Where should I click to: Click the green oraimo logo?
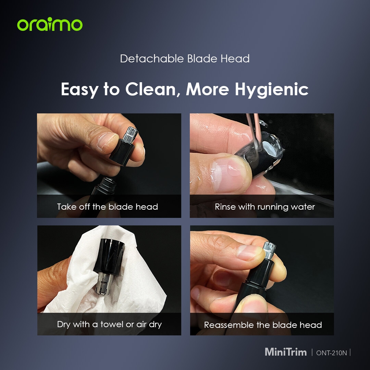click(x=50, y=24)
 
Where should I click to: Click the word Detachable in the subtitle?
click(x=152, y=59)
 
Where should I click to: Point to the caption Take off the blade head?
click(x=107, y=207)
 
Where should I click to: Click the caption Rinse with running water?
click(x=265, y=207)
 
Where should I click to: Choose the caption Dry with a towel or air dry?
click(x=109, y=324)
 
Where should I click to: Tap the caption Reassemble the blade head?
click(x=263, y=325)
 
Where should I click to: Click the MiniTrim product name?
click(x=285, y=352)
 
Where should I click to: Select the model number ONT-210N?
click(x=332, y=353)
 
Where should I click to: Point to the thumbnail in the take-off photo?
click(x=107, y=141)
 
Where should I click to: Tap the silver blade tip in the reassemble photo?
click(x=269, y=250)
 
